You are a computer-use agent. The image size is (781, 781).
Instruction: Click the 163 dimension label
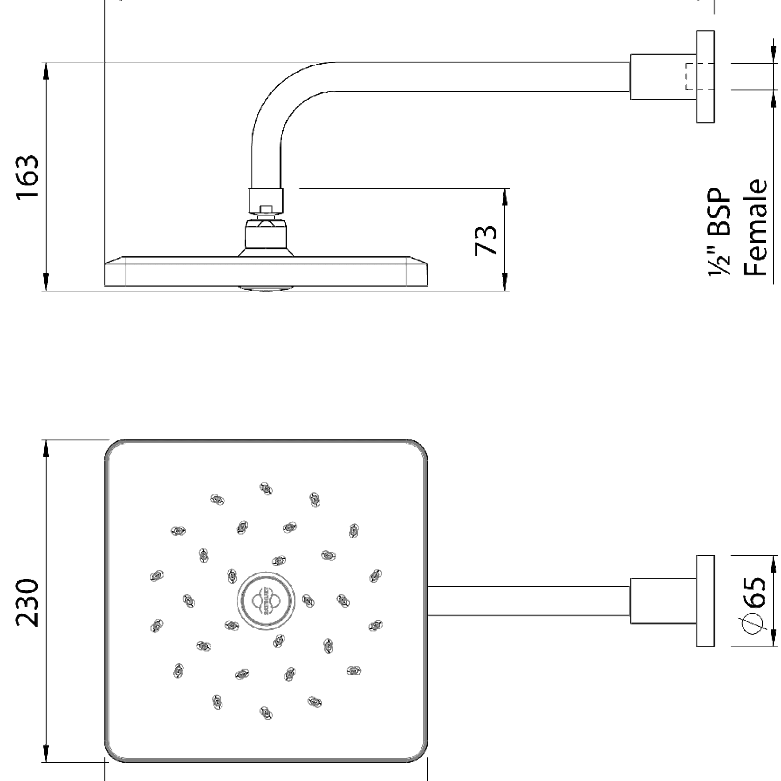coord(27,177)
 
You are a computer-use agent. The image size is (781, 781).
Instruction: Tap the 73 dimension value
coord(486,240)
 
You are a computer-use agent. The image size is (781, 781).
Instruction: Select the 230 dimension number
coord(27,603)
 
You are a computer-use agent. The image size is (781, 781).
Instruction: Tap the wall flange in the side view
coord(706,77)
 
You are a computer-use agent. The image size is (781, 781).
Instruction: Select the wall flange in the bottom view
coord(706,601)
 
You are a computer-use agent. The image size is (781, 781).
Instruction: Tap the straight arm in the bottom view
coord(528,601)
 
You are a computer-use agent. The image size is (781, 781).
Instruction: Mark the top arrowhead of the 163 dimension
coord(46,70)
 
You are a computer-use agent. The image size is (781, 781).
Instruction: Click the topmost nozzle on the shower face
coord(266,489)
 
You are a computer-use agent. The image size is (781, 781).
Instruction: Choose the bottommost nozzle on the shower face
coord(266,712)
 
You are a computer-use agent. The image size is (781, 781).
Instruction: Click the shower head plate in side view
coord(266,274)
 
